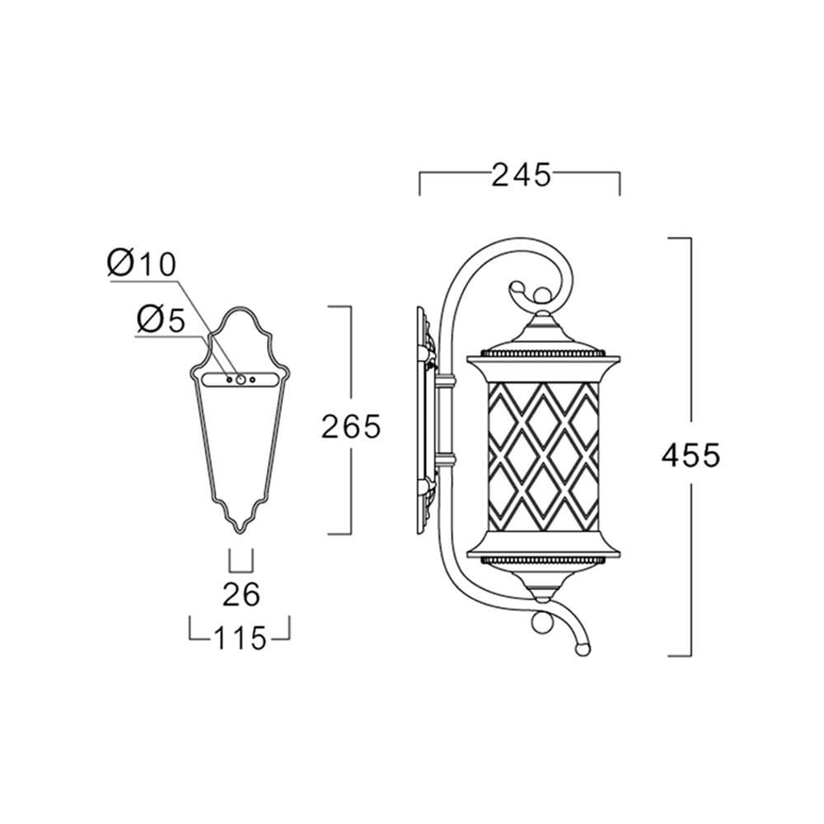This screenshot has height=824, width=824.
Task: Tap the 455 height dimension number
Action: tap(691, 455)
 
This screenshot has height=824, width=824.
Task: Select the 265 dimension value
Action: tap(350, 426)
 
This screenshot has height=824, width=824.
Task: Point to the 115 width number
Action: tap(239, 639)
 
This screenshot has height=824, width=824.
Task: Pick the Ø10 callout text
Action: tap(142, 264)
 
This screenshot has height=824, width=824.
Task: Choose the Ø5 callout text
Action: tap(161, 319)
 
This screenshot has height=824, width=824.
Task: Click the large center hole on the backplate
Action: tap(241, 379)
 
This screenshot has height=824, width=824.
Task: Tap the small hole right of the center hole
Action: tap(252, 379)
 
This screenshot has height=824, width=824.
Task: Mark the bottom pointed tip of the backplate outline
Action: tap(240, 533)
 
